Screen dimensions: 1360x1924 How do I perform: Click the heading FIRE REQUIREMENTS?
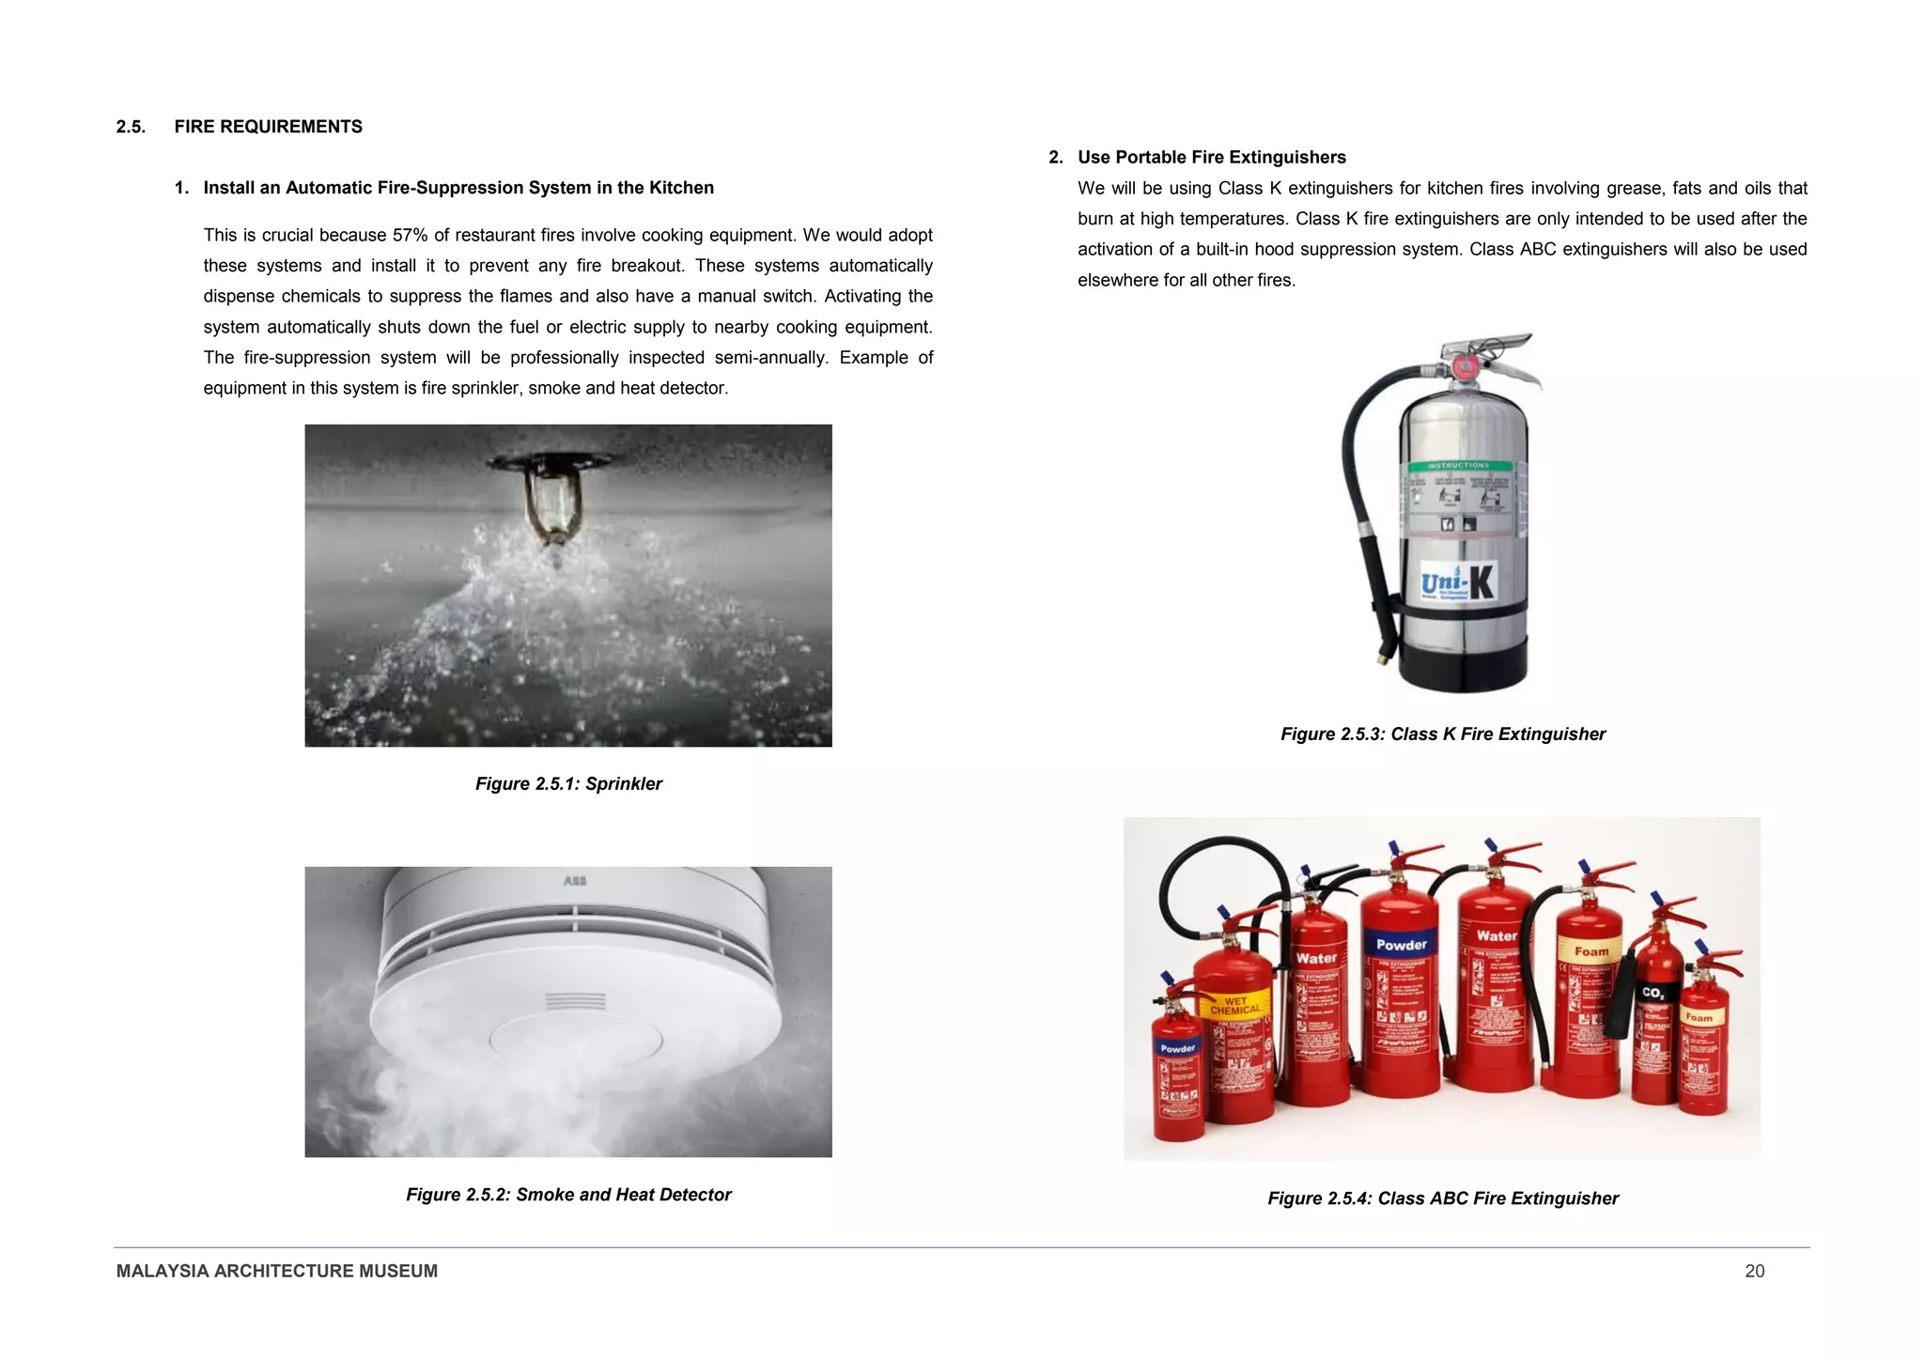click(268, 127)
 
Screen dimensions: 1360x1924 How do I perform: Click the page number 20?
click(1754, 1271)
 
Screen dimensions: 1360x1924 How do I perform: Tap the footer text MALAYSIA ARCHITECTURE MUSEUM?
click(276, 1271)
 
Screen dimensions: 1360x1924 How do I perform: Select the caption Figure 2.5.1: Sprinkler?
click(568, 783)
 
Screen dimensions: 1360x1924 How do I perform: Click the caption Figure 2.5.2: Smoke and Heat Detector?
click(568, 1195)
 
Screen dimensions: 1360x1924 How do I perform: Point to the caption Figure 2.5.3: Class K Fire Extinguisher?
click(1442, 734)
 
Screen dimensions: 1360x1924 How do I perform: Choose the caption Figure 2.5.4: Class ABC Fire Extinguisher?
click(1442, 1198)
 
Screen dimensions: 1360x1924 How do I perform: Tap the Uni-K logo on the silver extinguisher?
click(1457, 583)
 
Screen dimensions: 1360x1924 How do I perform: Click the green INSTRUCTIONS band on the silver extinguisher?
click(1458, 466)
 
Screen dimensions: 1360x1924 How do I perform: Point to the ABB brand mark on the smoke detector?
click(575, 881)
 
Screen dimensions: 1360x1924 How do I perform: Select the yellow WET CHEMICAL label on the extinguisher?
click(1234, 1005)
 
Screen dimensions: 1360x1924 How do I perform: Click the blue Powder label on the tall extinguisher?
click(1401, 945)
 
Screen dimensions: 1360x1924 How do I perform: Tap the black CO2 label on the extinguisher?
click(1652, 993)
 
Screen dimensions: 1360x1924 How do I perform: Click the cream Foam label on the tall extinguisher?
click(1591, 950)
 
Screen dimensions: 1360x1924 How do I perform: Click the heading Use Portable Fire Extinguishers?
click(1211, 158)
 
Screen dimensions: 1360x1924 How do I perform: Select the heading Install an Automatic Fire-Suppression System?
click(458, 188)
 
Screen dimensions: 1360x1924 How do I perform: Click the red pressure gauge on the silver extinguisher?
click(1464, 365)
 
